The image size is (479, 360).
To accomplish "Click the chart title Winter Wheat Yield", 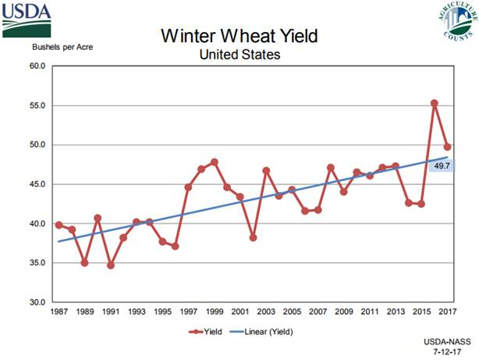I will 239,37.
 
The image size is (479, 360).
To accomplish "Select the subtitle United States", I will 239,55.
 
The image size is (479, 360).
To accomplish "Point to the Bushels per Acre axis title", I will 62,47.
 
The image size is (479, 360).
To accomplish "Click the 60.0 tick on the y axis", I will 37,66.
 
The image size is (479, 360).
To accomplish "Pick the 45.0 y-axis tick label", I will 37,184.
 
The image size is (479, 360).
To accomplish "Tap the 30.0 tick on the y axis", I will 37,302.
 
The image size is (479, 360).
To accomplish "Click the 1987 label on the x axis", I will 59,312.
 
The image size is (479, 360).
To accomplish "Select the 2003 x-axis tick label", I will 265,312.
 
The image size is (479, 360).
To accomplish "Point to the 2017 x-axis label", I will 446,312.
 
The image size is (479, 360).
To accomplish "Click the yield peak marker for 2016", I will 434,103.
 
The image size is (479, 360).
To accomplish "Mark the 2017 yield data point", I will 446,147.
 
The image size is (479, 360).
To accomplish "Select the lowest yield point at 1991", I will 111,266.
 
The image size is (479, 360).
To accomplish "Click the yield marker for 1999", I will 214,162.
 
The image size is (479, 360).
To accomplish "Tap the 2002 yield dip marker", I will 253,237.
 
